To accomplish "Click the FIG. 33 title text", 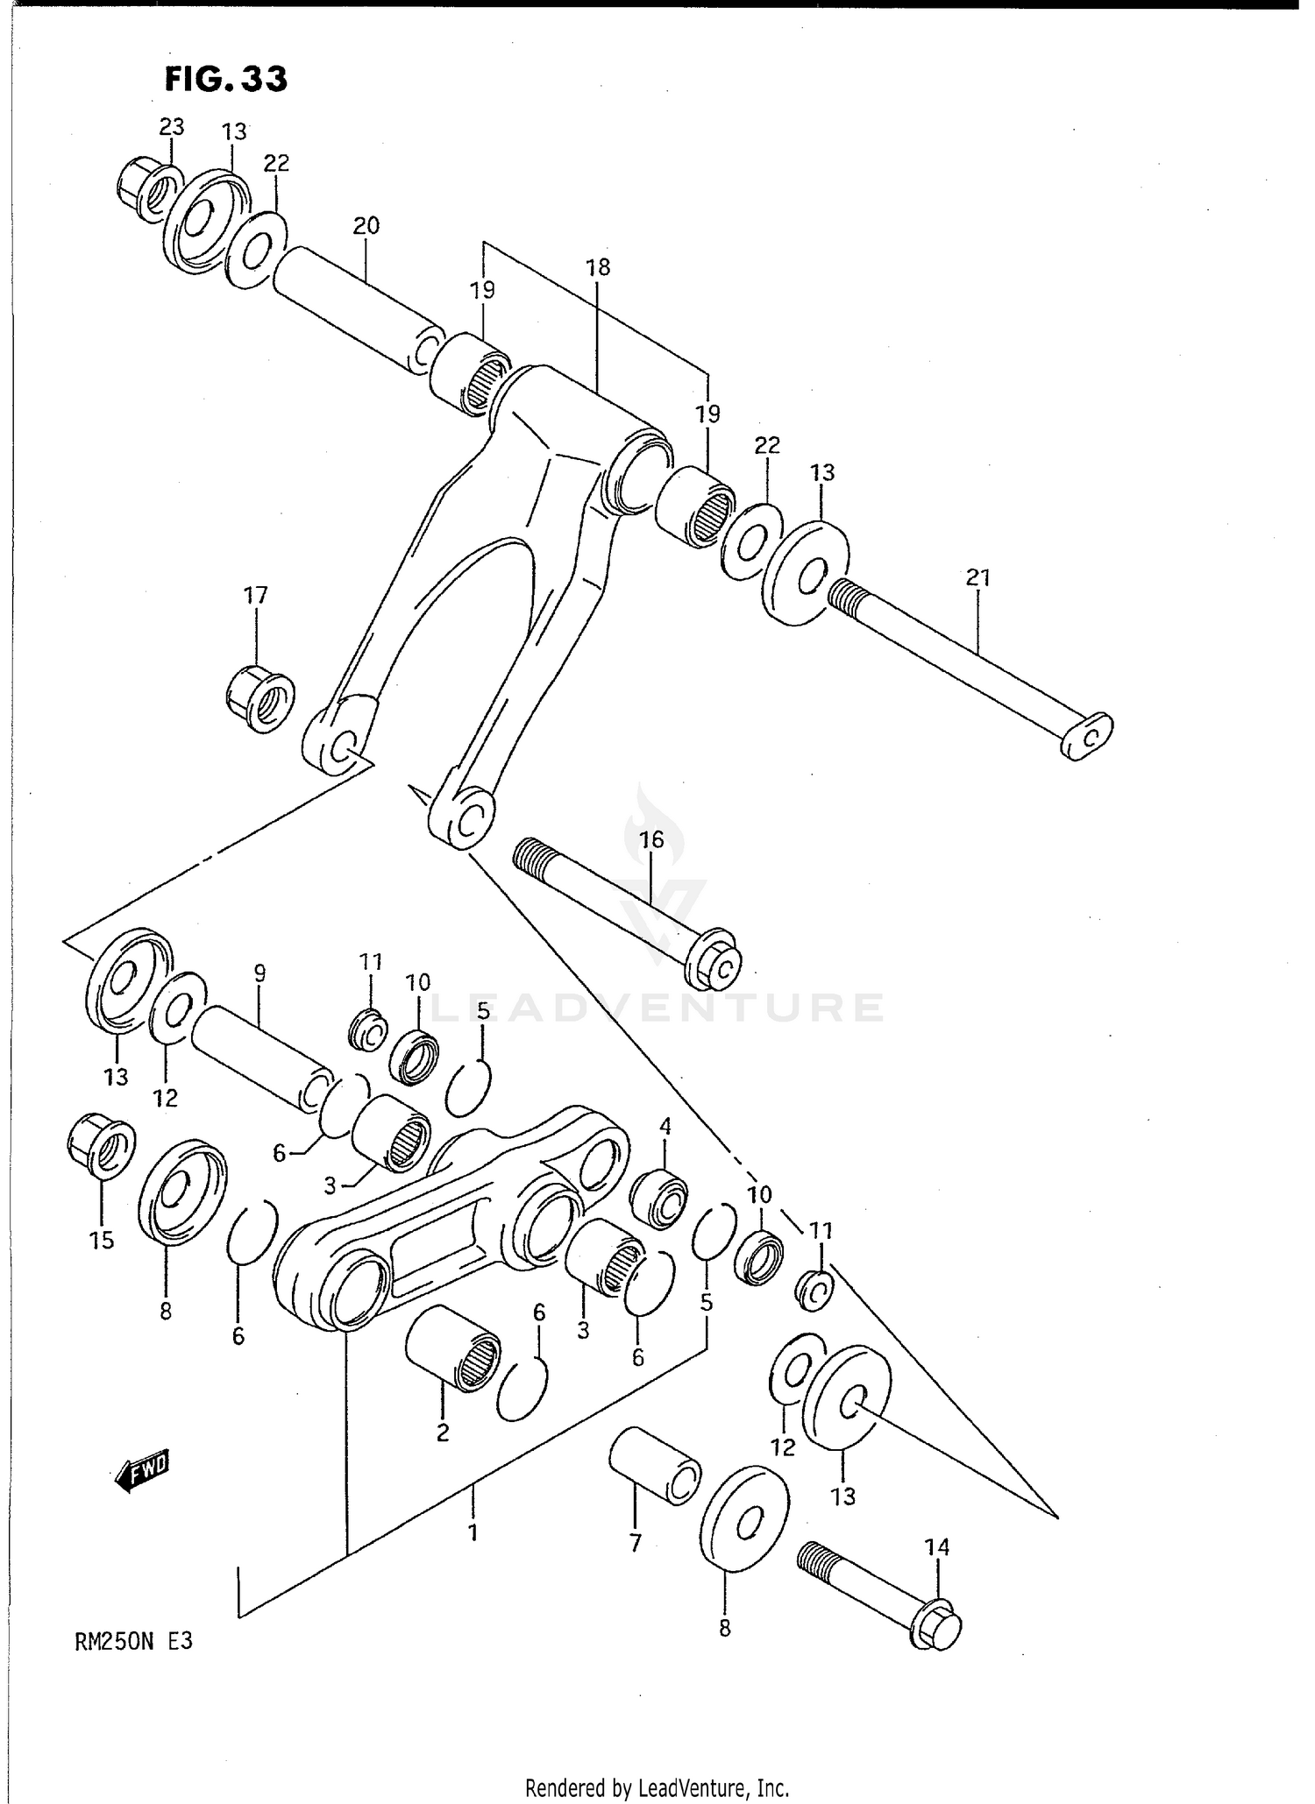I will [x=226, y=79].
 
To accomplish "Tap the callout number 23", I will [x=171, y=127].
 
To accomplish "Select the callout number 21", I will [x=977, y=578].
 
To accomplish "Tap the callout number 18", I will [x=598, y=267].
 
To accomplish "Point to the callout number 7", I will [x=636, y=1542].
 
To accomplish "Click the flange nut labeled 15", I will [x=101, y=1147].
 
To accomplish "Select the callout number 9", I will [x=259, y=973].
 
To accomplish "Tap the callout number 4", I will [x=665, y=1126].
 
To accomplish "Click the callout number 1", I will [x=473, y=1533].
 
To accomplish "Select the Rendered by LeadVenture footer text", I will [x=657, y=1787].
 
